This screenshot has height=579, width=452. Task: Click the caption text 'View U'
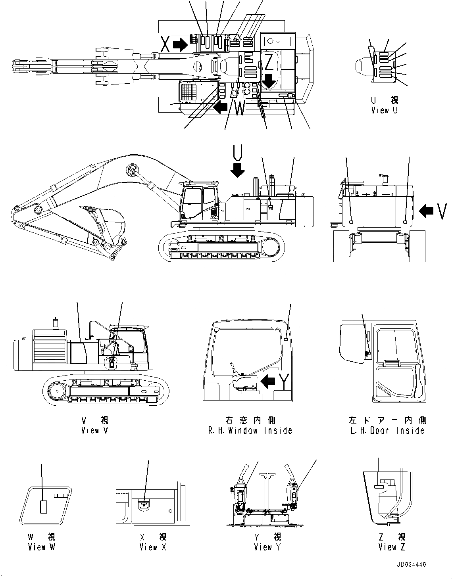[384, 111]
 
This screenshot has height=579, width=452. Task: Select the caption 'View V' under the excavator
[94, 430]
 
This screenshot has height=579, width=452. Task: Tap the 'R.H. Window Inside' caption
[250, 430]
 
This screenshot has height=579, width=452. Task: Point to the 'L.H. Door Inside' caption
[387, 430]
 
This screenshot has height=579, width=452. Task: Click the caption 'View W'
[42, 547]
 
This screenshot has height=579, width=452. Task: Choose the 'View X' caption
[153, 547]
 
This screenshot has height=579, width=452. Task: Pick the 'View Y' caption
[268, 547]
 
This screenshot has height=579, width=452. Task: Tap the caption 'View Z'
[392, 547]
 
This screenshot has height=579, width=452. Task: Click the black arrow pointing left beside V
[426, 211]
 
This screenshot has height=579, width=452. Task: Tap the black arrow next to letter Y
[268, 382]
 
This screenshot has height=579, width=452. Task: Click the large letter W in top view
[240, 108]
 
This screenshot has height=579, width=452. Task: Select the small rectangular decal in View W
[43, 506]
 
